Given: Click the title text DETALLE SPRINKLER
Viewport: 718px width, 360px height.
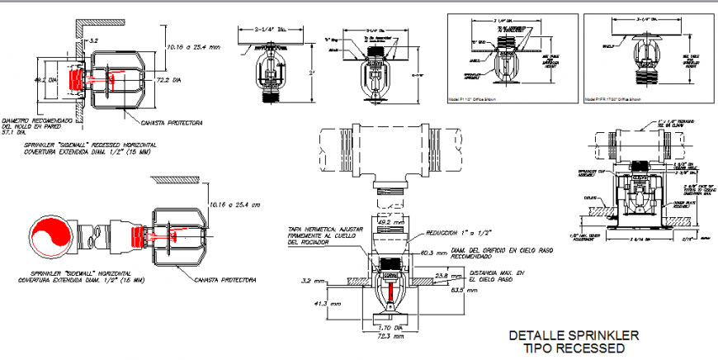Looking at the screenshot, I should pos(574,335).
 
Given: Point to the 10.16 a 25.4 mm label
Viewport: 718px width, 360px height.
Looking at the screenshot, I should pos(193,46).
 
